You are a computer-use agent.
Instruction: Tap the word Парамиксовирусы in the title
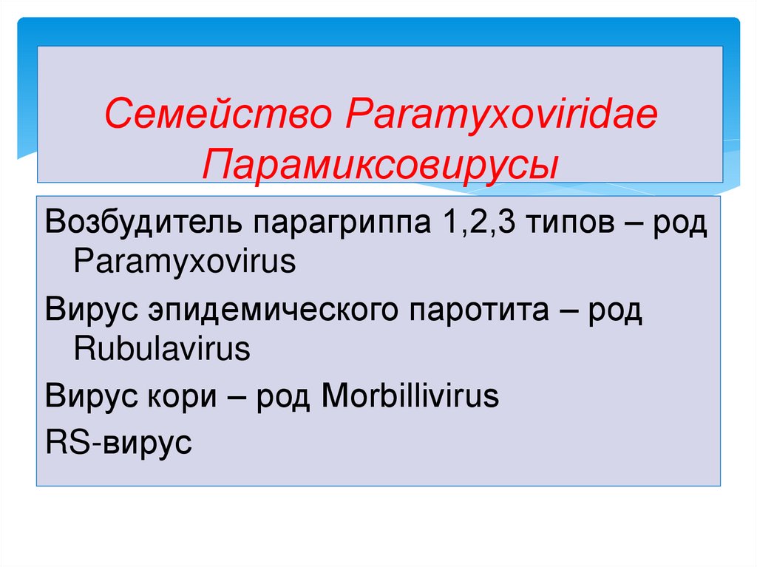[x=379, y=160]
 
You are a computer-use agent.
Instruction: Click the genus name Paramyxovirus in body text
[x=184, y=262]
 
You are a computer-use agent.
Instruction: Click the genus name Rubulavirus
[x=162, y=349]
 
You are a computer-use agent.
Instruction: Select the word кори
[x=177, y=398]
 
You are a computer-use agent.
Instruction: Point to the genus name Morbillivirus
[x=410, y=398]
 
